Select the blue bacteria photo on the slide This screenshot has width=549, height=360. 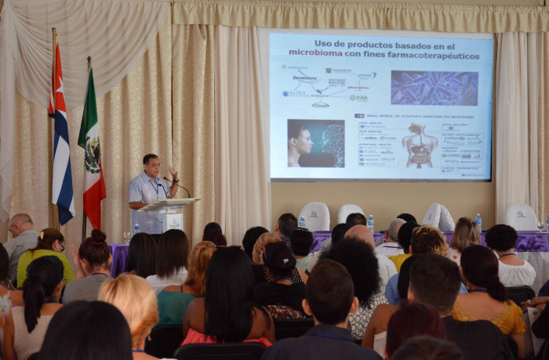pos(434,88)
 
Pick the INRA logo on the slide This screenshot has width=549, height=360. pos(358,97)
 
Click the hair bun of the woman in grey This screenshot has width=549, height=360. pos(98,235)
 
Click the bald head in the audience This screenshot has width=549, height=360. pos(359,235)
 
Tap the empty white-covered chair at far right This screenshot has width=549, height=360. pos(521,216)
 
